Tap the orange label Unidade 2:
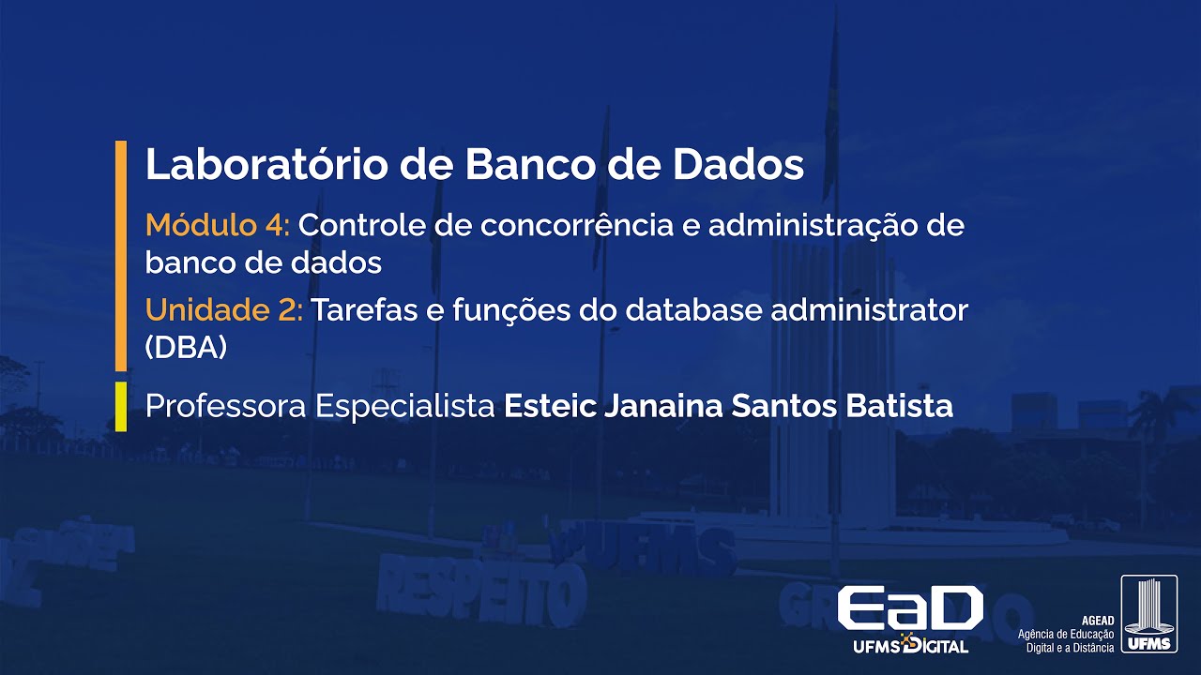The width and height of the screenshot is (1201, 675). pos(224,310)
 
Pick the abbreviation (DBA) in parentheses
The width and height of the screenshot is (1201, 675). pos(187,348)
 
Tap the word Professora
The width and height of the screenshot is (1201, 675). pos(226,407)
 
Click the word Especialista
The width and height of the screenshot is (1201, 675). pos(405,407)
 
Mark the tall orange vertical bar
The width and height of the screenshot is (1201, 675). pos(120,255)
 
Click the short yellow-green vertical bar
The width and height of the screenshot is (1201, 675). pos(120,407)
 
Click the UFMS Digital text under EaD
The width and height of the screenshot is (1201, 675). pos(910,646)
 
